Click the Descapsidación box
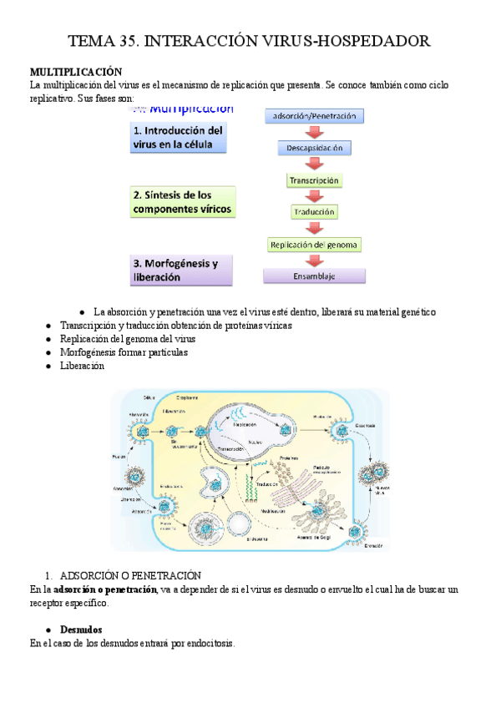click(315, 148)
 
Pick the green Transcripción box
click(314, 180)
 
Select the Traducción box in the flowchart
click(314, 212)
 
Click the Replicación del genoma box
click(314, 245)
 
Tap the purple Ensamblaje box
click(314, 276)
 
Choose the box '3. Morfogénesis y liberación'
click(180, 269)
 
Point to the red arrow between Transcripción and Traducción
click(314, 196)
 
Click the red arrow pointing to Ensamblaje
click(314, 260)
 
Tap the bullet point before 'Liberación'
click(49, 366)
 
